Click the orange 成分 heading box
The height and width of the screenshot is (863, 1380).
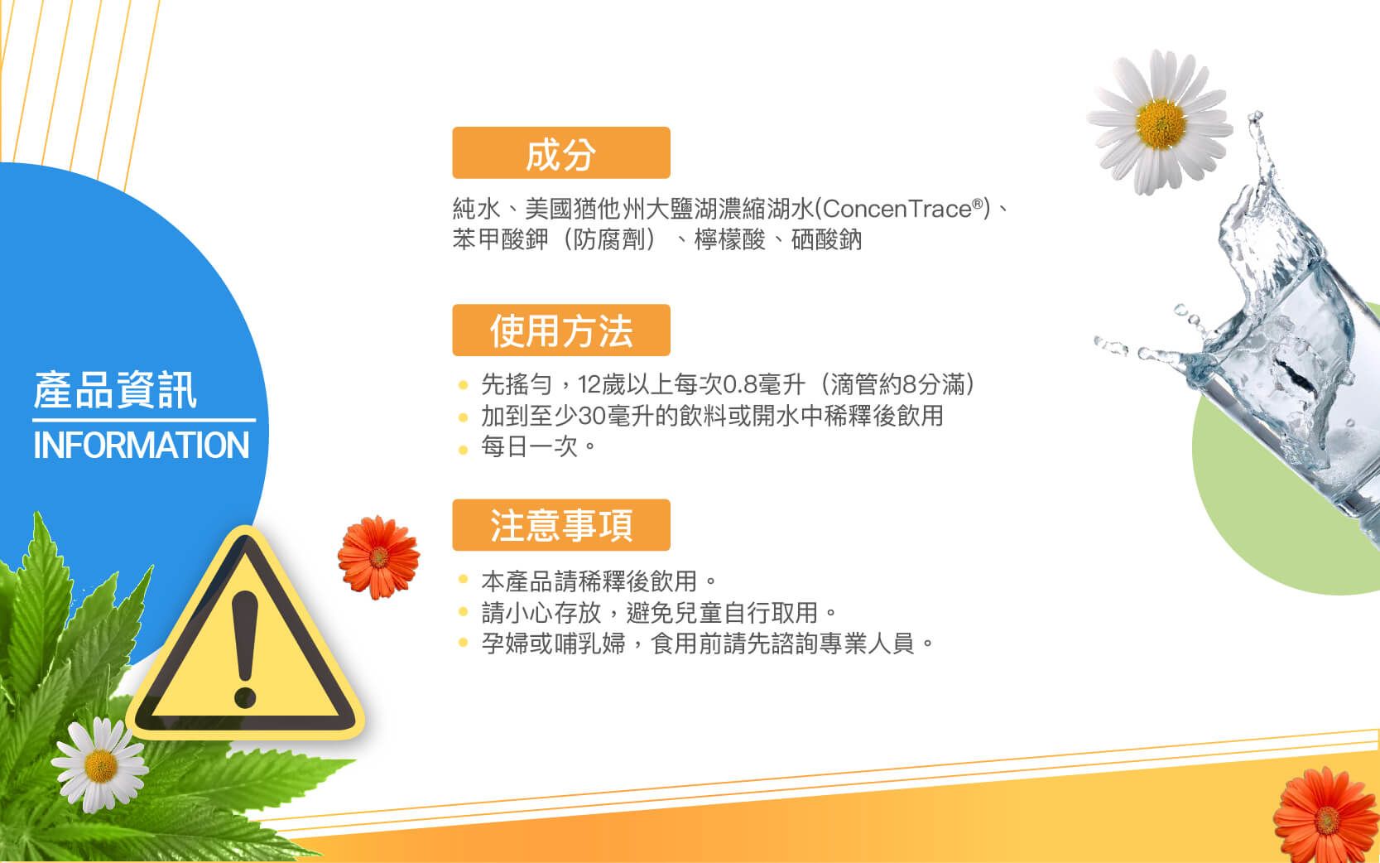[560, 153]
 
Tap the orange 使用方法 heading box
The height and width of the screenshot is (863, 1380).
[560, 330]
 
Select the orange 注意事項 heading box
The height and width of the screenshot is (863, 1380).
[560, 524]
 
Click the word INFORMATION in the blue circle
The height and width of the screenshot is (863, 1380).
[141, 445]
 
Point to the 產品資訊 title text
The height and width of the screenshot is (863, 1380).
[115, 390]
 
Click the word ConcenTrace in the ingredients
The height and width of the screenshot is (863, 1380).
[897, 209]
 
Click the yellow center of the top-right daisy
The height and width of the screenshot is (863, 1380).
[1161, 123]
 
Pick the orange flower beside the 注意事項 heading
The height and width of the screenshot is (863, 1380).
[378, 557]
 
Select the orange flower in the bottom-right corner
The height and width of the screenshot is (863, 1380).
[1326, 817]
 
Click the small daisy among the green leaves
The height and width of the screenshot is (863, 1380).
[100, 765]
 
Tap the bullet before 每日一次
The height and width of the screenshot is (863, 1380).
[464, 450]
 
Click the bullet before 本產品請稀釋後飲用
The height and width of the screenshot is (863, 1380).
[464, 579]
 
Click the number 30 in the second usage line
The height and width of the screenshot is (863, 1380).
[591, 416]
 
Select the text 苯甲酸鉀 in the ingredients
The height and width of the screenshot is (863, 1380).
[500, 239]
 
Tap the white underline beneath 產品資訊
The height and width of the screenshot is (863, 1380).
[144, 421]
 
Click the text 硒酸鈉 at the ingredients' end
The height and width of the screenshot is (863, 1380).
[826, 239]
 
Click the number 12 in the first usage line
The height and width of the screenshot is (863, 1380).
[589, 385]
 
